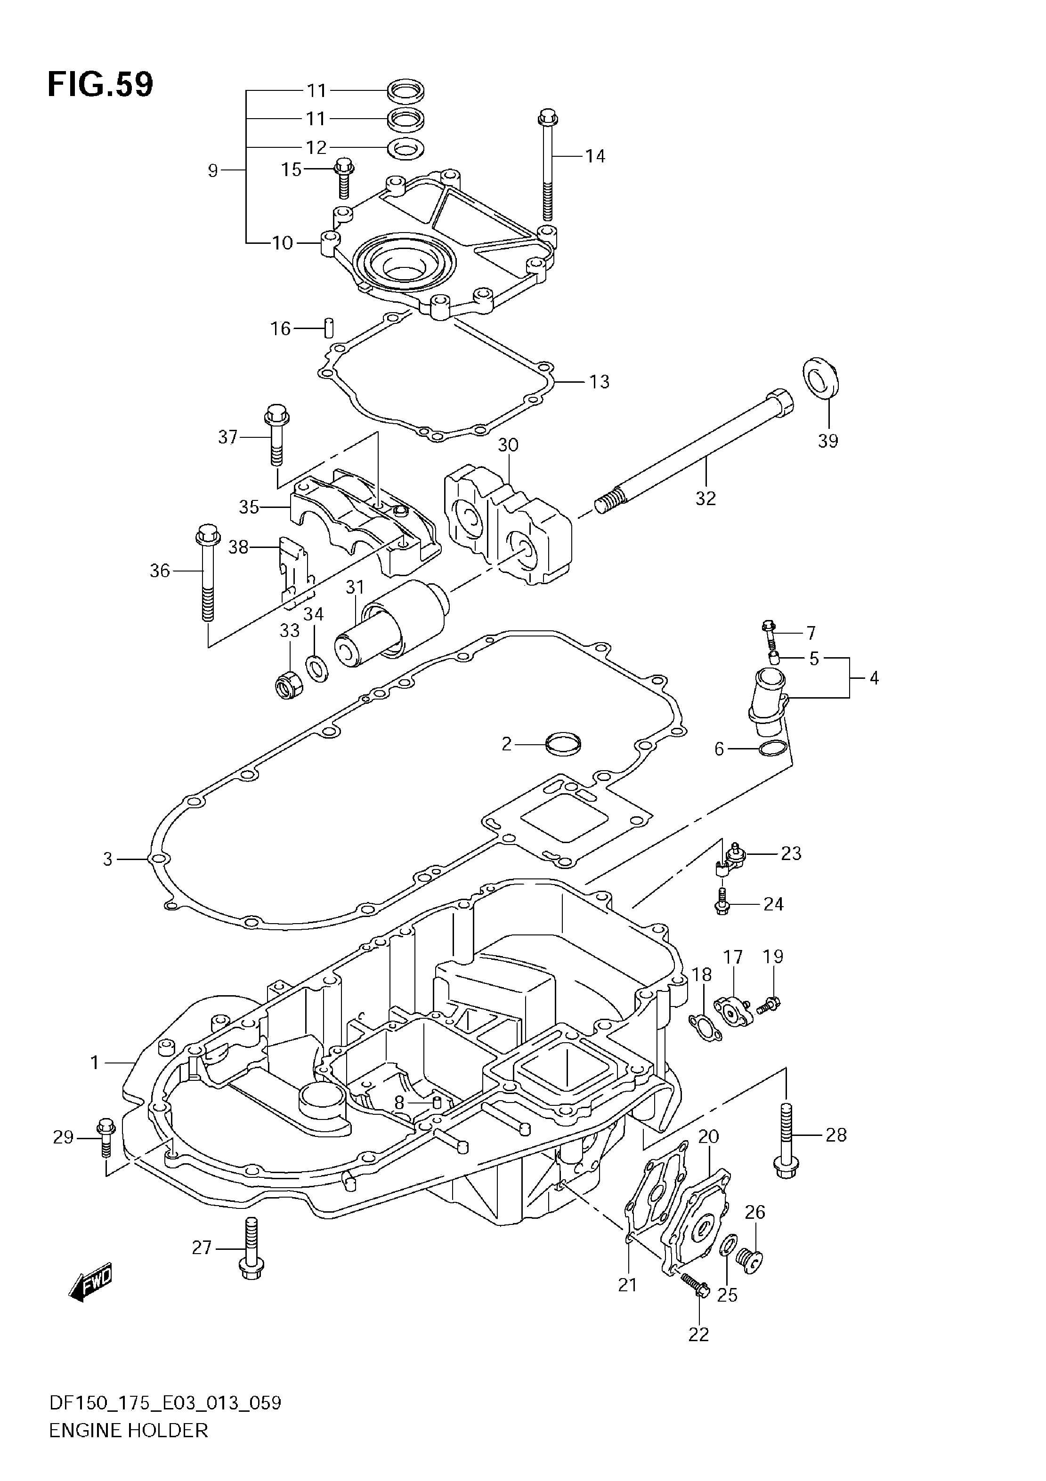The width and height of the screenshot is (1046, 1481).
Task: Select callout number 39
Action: tap(828, 441)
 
